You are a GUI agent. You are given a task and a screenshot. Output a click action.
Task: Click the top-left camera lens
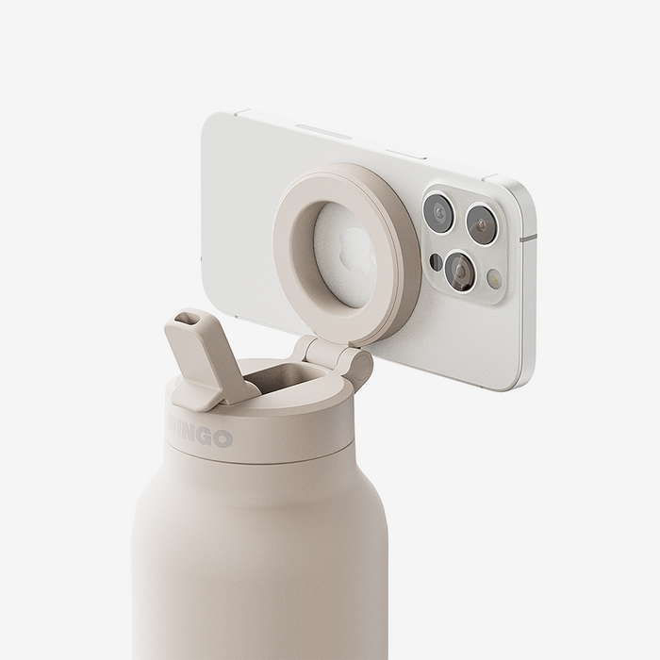[x=437, y=213]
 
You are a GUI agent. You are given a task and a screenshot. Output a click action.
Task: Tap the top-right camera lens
[x=481, y=224]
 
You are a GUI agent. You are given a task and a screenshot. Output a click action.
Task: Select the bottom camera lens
[x=460, y=270]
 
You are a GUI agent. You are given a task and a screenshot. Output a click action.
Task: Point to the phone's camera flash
[x=494, y=278]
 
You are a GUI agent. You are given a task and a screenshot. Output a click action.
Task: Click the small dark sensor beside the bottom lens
[x=436, y=261]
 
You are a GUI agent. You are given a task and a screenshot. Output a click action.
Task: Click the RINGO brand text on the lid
[x=200, y=435]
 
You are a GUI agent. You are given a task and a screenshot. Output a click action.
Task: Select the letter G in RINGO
[x=205, y=437]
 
